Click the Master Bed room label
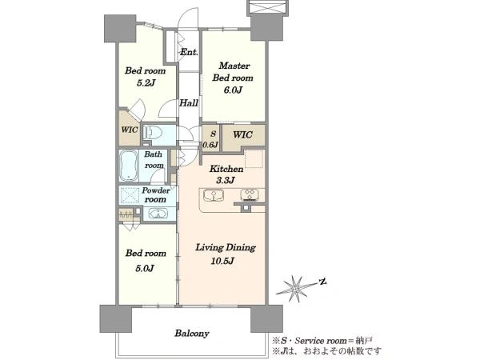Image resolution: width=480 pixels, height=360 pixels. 233,72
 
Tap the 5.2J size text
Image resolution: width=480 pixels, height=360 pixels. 146,82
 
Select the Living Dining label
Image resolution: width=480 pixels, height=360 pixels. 226,247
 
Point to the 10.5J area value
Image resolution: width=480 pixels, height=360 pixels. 222,261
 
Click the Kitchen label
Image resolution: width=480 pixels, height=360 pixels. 226,169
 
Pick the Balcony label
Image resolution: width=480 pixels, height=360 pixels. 192,333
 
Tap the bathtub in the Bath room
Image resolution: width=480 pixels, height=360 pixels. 129,166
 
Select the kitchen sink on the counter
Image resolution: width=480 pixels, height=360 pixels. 214,196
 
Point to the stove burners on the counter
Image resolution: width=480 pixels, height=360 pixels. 250,194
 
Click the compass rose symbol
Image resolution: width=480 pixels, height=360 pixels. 296,288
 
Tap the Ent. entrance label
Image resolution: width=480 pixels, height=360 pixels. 189,52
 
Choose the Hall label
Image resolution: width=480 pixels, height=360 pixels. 189,103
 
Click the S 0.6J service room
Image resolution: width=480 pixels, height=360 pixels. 210,138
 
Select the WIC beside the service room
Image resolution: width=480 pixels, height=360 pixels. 242,134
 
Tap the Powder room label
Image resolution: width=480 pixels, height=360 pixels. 155,194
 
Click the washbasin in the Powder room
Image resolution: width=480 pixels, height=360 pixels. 158,213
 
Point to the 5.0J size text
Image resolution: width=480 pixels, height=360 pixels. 145,269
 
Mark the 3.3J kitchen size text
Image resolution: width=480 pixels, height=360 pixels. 226,180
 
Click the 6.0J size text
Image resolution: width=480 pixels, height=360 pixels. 233,90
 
